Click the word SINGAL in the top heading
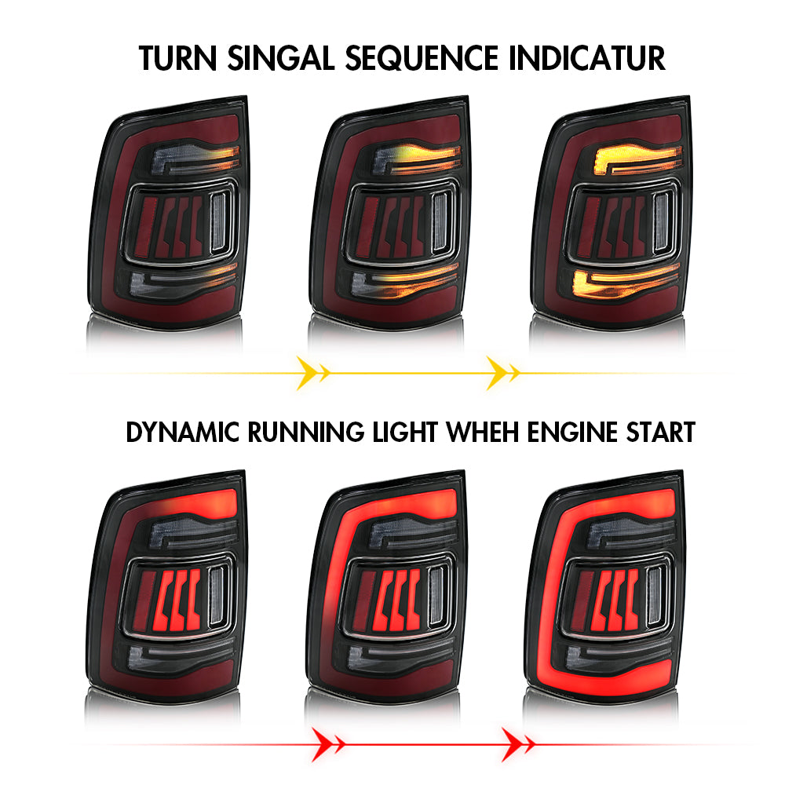[280, 58]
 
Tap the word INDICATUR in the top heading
[586, 58]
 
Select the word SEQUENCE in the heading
[422, 58]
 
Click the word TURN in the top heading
[177, 58]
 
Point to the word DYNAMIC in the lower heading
[182, 432]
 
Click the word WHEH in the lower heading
[482, 432]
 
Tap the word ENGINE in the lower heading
[572, 432]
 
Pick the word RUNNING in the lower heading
[306, 432]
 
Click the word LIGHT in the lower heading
[405, 432]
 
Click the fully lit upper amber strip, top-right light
[637, 159]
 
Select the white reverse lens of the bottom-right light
[655, 596]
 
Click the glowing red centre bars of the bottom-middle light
[395, 600]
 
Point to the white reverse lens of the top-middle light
[440, 221]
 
